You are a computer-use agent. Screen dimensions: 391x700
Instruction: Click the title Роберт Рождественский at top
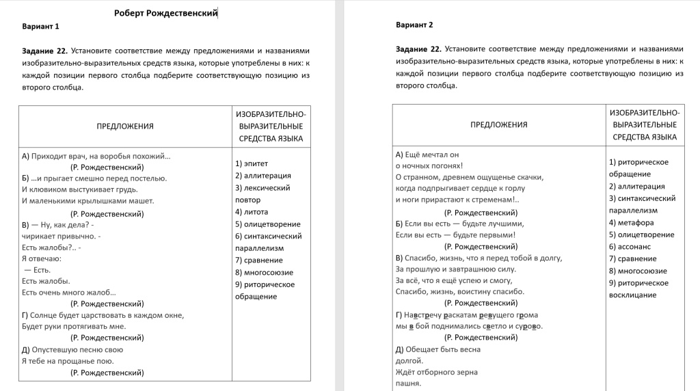[166, 13]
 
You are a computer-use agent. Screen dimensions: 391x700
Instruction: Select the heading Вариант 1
[40, 27]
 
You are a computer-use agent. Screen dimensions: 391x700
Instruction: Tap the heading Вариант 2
[414, 25]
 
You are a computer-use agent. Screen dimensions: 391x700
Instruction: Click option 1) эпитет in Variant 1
[252, 163]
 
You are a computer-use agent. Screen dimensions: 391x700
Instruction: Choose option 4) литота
[252, 212]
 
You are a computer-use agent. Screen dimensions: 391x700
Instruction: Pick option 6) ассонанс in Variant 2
[630, 247]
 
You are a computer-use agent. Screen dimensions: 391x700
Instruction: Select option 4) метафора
[631, 223]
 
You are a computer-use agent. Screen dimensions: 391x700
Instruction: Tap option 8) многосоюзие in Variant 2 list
[638, 271]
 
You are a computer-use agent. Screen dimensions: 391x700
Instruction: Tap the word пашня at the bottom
[408, 383]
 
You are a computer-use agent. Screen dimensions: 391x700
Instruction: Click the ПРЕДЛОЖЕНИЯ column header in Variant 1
[125, 126]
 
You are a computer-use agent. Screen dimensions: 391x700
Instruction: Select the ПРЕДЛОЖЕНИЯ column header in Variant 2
[499, 125]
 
